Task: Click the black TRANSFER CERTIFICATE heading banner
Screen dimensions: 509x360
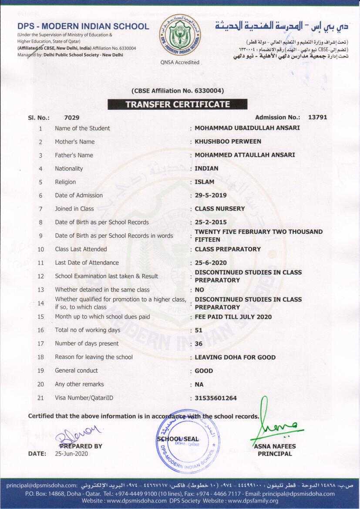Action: coord(178,104)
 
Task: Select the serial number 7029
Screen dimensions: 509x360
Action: coord(71,118)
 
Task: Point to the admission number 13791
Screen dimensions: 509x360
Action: coord(317,117)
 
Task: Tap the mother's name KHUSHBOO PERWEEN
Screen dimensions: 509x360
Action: coord(228,142)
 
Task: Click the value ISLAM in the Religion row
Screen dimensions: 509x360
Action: coord(205,182)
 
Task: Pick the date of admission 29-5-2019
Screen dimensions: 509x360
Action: coord(211,196)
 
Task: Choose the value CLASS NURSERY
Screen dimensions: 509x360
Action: coord(219,209)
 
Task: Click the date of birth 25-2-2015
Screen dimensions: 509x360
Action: coord(211,222)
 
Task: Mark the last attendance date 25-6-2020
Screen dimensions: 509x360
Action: coord(211,263)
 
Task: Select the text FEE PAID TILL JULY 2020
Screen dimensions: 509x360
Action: coord(233,317)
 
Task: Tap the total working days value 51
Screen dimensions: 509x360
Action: coord(199,330)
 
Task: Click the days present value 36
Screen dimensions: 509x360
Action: coord(199,344)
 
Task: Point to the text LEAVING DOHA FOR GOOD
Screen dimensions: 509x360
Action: coord(235,357)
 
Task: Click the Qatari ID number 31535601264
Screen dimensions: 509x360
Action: coord(216,398)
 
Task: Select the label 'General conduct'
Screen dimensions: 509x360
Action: coord(76,371)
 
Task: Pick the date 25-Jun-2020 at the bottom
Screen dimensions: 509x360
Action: coord(71,454)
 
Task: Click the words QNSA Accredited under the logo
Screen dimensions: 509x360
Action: coord(180,63)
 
